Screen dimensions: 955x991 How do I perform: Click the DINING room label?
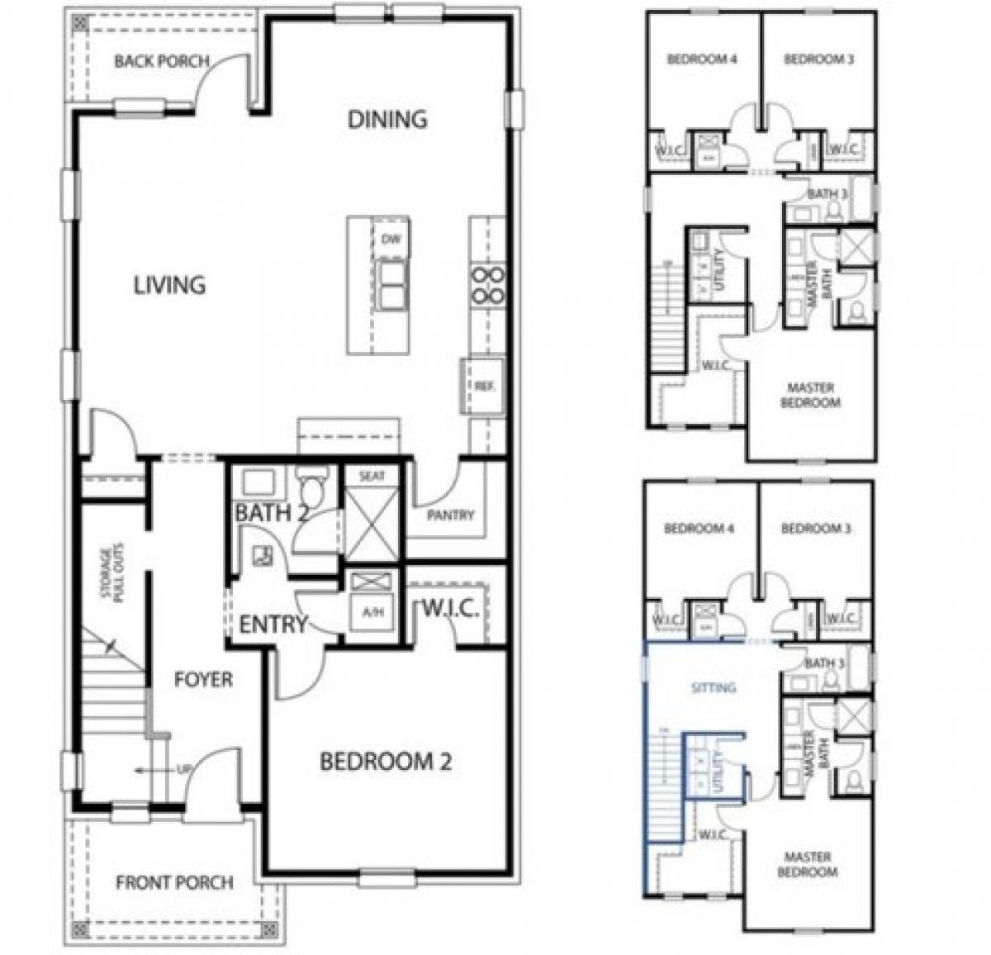pos(387,119)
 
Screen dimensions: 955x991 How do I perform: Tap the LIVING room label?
pos(169,285)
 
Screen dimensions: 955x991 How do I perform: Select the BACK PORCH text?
pos(162,61)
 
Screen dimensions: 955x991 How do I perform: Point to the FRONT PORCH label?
pos(174,882)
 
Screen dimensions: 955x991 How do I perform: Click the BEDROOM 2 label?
pos(386,762)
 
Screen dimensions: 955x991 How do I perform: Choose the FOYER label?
pos(203,680)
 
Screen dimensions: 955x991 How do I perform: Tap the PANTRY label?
pos(451,516)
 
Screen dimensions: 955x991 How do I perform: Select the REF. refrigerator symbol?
pos(483,386)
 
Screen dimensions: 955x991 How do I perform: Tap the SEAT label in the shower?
pos(372,476)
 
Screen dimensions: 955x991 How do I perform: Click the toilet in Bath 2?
pos(313,482)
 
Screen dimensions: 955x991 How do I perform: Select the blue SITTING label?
pos(713,687)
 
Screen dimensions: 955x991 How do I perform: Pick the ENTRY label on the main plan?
pos(273,625)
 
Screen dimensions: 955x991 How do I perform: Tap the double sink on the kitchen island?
pos(391,285)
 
